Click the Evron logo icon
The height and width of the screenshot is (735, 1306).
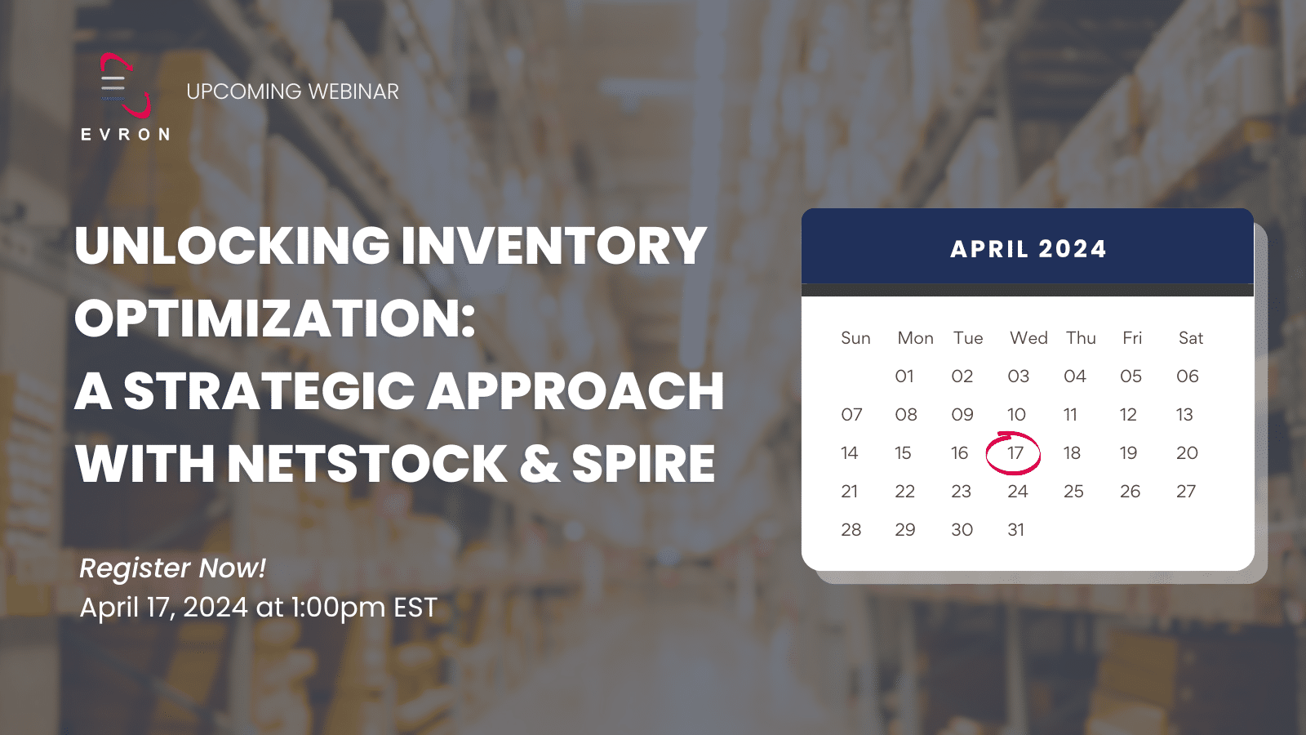pyautogui.click(x=125, y=86)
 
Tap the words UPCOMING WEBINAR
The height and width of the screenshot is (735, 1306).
pyautogui.click(x=292, y=91)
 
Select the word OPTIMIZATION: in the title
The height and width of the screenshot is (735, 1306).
pyautogui.click(x=275, y=318)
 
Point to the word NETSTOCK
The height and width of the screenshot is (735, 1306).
pyautogui.click(x=367, y=464)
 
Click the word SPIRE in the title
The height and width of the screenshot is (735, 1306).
pyautogui.click(x=643, y=464)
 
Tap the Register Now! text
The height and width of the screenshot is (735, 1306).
pyautogui.click(x=172, y=568)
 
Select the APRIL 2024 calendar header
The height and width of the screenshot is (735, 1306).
pyautogui.click(x=1028, y=249)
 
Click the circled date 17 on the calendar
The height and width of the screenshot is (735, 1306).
pyautogui.click(x=1015, y=453)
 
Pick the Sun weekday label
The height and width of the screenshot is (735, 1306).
pyautogui.click(x=855, y=338)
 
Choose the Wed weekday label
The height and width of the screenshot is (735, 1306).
pyautogui.click(x=1028, y=338)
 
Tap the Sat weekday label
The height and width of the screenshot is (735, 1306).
pyautogui.click(x=1190, y=338)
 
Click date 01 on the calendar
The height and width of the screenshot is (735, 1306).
pyautogui.click(x=904, y=376)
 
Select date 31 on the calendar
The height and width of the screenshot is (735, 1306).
pyautogui.click(x=1015, y=530)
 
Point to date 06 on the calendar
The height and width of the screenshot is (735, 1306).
pyautogui.click(x=1187, y=376)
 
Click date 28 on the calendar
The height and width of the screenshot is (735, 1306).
pyautogui.click(x=851, y=530)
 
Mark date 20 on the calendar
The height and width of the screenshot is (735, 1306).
pyautogui.click(x=1187, y=453)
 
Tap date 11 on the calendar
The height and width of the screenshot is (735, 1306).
pyautogui.click(x=1070, y=415)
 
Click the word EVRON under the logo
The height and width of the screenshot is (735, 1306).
pyautogui.click(x=126, y=135)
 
